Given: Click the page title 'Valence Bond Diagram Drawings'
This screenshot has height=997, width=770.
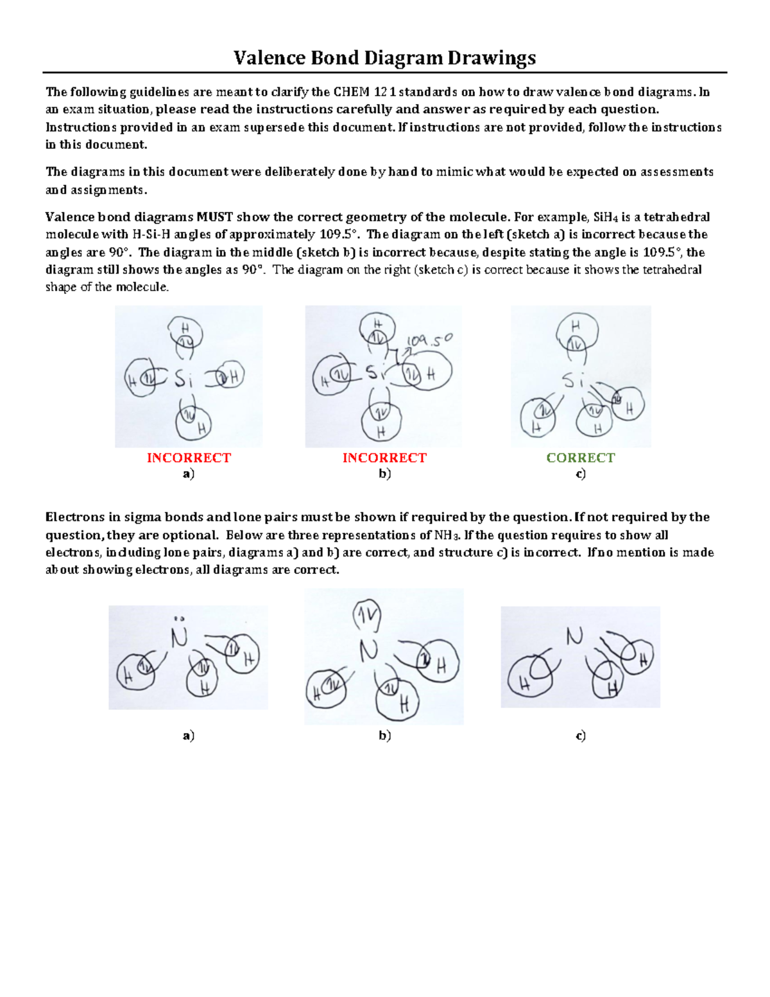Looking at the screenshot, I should pyautogui.click(x=384, y=58).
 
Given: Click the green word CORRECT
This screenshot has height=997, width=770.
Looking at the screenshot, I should pyautogui.click(x=580, y=458).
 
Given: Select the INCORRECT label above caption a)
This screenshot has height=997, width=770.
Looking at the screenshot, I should pyautogui.click(x=189, y=458).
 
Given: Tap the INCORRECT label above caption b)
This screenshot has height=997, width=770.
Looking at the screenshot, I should pyautogui.click(x=384, y=458).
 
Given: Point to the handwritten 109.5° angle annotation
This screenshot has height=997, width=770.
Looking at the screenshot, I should pyautogui.click(x=430, y=340).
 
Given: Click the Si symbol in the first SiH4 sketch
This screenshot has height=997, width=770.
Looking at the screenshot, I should pyautogui.click(x=184, y=379).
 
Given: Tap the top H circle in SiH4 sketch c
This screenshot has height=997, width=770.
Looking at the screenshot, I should pyautogui.click(x=577, y=334).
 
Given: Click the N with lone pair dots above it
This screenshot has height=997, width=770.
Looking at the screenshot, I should pyautogui.click(x=179, y=636).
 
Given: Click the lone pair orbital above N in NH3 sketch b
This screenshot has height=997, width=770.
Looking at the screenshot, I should pyautogui.click(x=367, y=617).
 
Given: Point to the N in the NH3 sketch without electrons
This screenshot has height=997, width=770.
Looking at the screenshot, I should pyautogui.click(x=574, y=636).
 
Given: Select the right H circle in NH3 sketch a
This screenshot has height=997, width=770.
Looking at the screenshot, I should pyautogui.click(x=243, y=654).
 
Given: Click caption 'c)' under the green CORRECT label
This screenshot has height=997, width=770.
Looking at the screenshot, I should pyautogui.click(x=580, y=474).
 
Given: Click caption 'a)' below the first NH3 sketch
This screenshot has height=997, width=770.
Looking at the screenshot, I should pyautogui.click(x=188, y=736).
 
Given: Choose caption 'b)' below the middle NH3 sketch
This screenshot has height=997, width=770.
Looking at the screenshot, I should pyautogui.click(x=384, y=736).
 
